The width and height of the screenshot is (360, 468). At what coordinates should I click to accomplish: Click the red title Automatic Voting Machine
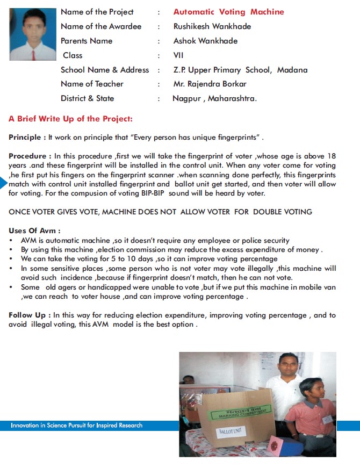[x=228, y=12]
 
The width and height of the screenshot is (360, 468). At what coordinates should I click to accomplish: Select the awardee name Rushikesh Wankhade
[x=212, y=26]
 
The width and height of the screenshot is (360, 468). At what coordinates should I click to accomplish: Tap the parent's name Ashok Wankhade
[x=205, y=41]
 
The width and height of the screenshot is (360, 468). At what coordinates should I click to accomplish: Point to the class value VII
[x=178, y=55]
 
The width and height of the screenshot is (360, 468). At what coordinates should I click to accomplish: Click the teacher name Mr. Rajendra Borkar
[x=210, y=84]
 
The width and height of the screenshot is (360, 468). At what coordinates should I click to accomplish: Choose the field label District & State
[x=87, y=98]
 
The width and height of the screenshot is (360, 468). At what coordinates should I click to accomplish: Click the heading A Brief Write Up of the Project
[x=70, y=119]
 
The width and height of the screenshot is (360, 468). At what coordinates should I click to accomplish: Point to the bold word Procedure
[x=29, y=156]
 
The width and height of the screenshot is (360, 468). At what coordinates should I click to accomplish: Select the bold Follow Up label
[x=30, y=315]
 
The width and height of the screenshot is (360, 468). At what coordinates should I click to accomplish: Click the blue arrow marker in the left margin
[x=4, y=183]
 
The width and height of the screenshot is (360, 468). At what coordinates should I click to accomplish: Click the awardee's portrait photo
[x=33, y=34]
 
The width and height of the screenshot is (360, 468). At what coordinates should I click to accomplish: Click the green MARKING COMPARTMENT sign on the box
[x=239, y=413]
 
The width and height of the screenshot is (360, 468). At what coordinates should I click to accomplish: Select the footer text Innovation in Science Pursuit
[x=76, y=426]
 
